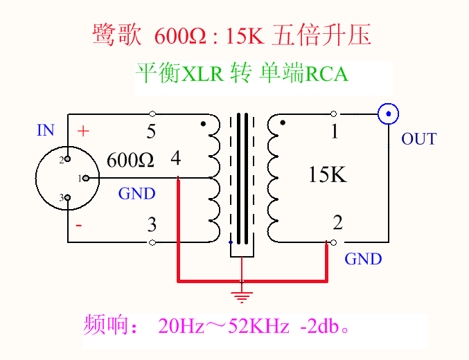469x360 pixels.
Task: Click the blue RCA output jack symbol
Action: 389,114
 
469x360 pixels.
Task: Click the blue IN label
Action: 46,130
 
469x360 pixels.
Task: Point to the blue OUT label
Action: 418,139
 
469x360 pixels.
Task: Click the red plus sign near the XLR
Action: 83,131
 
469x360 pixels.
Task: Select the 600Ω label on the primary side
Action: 130,161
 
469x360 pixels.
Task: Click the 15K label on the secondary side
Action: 327,175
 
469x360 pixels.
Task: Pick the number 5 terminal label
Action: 151,130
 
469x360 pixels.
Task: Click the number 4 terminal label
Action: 176,159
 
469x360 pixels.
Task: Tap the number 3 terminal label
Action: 151,224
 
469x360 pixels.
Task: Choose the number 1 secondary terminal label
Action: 335,131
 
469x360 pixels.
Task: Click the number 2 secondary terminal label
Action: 337,223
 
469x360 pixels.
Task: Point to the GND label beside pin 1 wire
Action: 136,194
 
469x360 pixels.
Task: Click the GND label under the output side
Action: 363,259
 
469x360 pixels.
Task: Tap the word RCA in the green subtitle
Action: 326,73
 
